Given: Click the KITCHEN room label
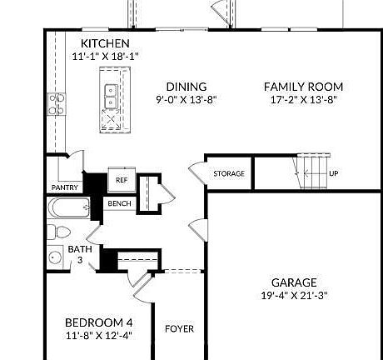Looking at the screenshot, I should click(105, 43).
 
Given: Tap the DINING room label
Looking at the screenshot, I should click(186, 87).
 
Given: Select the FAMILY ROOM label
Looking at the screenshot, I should click(303, 87).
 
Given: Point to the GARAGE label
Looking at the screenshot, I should click(294, 282).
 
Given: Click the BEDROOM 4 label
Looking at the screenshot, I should click(98, 322).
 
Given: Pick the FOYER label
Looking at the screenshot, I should click(179, 329).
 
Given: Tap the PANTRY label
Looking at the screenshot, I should click(65, 187).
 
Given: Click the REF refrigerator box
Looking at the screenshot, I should click(121, 180).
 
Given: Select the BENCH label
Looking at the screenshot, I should click(119, 204).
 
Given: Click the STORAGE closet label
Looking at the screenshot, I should click(229, 173).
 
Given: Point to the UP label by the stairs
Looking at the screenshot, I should click(334, 174).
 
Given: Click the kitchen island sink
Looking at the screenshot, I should click(110, 97).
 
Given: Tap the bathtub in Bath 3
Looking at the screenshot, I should click(69, 208).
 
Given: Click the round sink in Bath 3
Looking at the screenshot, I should click(56, 257).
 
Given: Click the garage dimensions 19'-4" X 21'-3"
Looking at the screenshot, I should click(294, 296).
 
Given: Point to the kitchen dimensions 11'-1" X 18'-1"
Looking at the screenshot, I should click(105, 57).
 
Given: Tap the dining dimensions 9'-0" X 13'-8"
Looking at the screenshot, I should click(186, 100).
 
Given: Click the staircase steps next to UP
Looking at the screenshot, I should click(312, 174).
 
